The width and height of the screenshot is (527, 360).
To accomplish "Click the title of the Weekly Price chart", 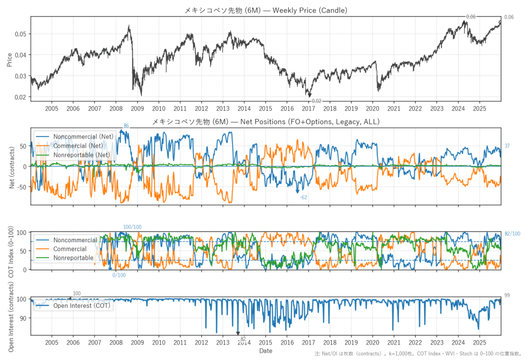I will click(x=266, y=10).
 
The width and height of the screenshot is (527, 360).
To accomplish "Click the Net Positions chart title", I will click(x=266, y=122).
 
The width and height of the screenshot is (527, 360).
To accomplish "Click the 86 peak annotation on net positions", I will click(x=126, y=126).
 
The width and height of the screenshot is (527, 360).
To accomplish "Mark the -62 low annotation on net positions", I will click(x=304, y=197).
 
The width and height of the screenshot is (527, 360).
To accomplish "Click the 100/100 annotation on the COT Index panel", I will click(x=132, y=227).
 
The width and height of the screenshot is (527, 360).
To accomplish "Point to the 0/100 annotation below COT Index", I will click(x=119, y=275).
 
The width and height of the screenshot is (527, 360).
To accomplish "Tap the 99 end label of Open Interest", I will click(x=507, y=295).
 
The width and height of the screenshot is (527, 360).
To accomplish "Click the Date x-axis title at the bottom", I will click(x=266, y=351).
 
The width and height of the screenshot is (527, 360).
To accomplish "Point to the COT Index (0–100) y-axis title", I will click(x=11, y=251).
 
